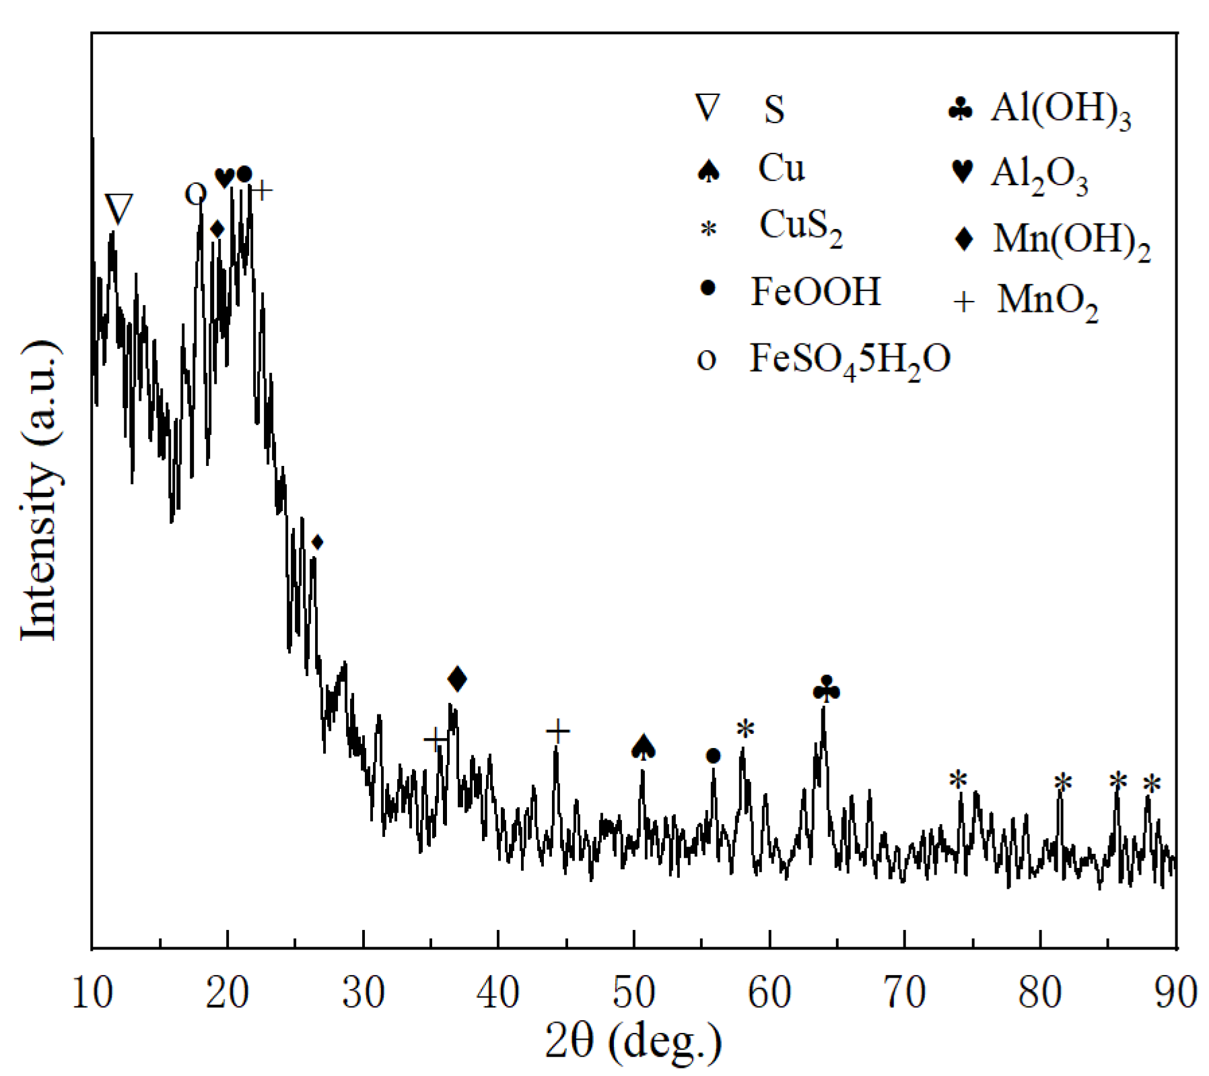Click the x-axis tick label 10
(x=92, y=995)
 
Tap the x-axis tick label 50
(x=634, y=995)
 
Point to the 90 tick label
(x=1175, y=995)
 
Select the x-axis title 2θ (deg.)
(x=633, y=1042)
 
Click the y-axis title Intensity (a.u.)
(x=40, y=492)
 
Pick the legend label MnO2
(x=1047, y=301)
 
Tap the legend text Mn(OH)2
(x=1071, y=240)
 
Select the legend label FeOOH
(x=815, y=292)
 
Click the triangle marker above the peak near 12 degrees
(x=120, y=209)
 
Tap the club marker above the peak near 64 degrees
(x=827, y=690)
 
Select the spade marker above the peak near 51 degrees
(x=644, y=747)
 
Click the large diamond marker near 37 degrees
(x=457, y=679)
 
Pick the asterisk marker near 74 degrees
(x=958, y=780)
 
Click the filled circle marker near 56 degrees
(x=713, y=756)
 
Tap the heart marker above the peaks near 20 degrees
(x=224, y=178)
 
